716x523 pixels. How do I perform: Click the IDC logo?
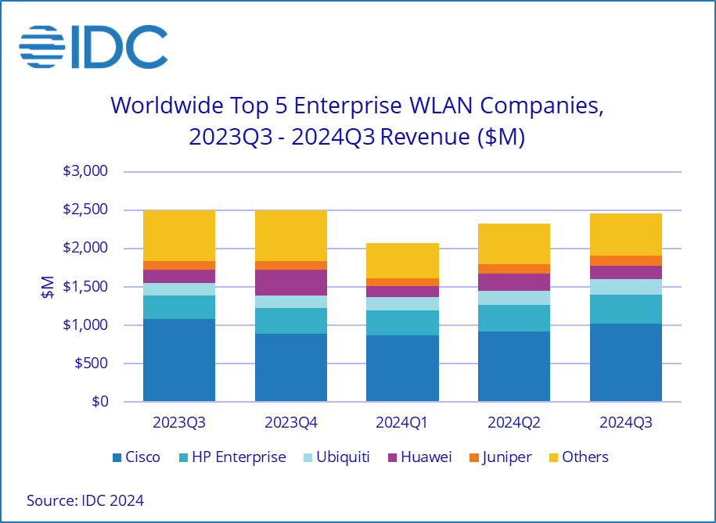[x=93, y=47]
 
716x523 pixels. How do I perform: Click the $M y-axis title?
[x=49, y=287]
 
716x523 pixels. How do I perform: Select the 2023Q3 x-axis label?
[x=178, y=423]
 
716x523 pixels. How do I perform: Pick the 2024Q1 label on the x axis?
[x=402, y=423]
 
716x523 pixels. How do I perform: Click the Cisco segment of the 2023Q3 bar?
[x=178, y=360]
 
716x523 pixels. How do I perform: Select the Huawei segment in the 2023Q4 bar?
[x=290, y=282]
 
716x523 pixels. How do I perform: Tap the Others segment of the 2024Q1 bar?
[x=402, y=260]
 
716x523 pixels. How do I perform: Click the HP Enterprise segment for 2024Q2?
[x=514, y=317]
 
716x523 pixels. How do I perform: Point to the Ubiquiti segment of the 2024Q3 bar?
[x=626, y=287]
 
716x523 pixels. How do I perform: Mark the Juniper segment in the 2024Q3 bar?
[x=626, y=260]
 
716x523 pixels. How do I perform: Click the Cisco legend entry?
[x=136, y=457]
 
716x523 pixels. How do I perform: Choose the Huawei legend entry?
[x=418, y=457]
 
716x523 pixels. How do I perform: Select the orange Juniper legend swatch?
[x=473, y=457]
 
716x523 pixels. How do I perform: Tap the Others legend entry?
[x=577, y=457]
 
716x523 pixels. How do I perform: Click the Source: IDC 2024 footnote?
[x=85, y=500]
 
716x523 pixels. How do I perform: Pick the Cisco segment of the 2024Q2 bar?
[x=514, y=366]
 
